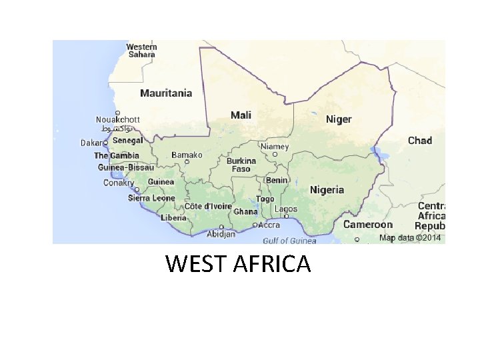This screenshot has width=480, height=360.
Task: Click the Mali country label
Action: [241, 115]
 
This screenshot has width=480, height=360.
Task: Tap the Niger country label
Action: [338, 119]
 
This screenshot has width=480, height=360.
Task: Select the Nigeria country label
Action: [327, 190]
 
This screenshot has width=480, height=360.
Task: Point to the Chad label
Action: [420, 141]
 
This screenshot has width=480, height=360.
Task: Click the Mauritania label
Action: [166, 93]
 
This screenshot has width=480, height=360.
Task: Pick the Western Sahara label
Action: [141, 51]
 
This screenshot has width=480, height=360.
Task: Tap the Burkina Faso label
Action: [241, 165]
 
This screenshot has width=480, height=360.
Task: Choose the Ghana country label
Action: [245, 212]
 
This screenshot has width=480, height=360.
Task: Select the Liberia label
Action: [173, 218]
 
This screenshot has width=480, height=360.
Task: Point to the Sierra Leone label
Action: [151, 198]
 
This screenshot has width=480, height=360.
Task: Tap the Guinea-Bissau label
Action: [125, 167]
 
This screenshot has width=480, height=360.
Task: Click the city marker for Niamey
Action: [275, 154]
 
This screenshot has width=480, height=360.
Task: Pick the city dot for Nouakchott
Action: [117, 113]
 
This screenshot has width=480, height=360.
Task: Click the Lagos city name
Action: [285, 209]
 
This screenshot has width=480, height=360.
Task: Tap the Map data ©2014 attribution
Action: [410, 238]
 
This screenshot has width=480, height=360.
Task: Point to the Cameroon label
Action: [368, 225]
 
